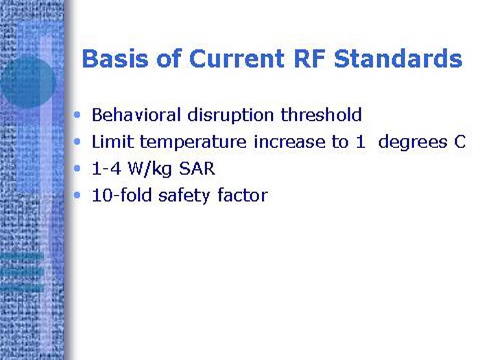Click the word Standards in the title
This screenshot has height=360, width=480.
point(398,59)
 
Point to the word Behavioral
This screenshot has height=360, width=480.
point(133,115)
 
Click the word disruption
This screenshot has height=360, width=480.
point(224,115)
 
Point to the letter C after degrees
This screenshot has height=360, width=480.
point(459,142)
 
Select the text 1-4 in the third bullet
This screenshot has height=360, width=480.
point(105,169)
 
